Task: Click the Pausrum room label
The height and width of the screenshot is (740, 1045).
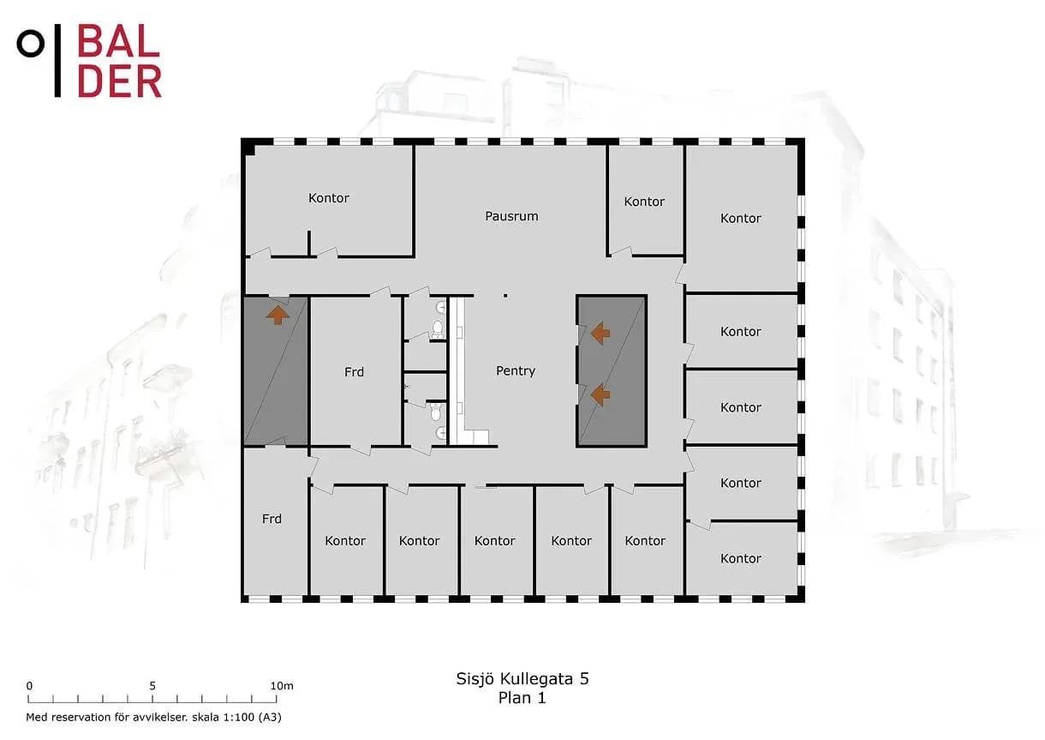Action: [511, 216]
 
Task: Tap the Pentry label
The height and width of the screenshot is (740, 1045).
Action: [516, 371]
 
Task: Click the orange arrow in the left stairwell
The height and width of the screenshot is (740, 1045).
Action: [278, 316]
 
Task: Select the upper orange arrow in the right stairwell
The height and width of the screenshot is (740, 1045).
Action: [600, 334]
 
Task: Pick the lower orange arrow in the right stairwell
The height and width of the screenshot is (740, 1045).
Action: [600, 395]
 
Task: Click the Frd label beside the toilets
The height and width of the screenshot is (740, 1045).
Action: [354, 372]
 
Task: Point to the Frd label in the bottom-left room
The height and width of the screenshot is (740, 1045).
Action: [272, 519]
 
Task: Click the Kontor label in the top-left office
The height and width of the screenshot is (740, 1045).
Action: [328, 198]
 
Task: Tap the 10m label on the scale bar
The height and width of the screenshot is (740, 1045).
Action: [282, 686]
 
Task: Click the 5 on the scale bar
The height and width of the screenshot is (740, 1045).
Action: [152, 686]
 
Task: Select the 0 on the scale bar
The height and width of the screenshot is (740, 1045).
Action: [29, 686]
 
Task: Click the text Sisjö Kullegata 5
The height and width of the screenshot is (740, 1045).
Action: [522, 679]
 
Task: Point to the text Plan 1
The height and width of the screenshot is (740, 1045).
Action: [522, 698]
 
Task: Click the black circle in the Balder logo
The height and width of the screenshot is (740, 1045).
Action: [31, 44]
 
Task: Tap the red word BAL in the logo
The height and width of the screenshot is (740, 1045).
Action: [118, 41]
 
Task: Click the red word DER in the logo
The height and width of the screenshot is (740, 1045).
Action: [119, 81]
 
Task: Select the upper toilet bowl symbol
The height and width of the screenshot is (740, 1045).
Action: [438, 328]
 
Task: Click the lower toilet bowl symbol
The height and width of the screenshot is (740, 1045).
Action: [436, 412]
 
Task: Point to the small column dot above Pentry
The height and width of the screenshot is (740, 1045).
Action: [505, 296]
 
